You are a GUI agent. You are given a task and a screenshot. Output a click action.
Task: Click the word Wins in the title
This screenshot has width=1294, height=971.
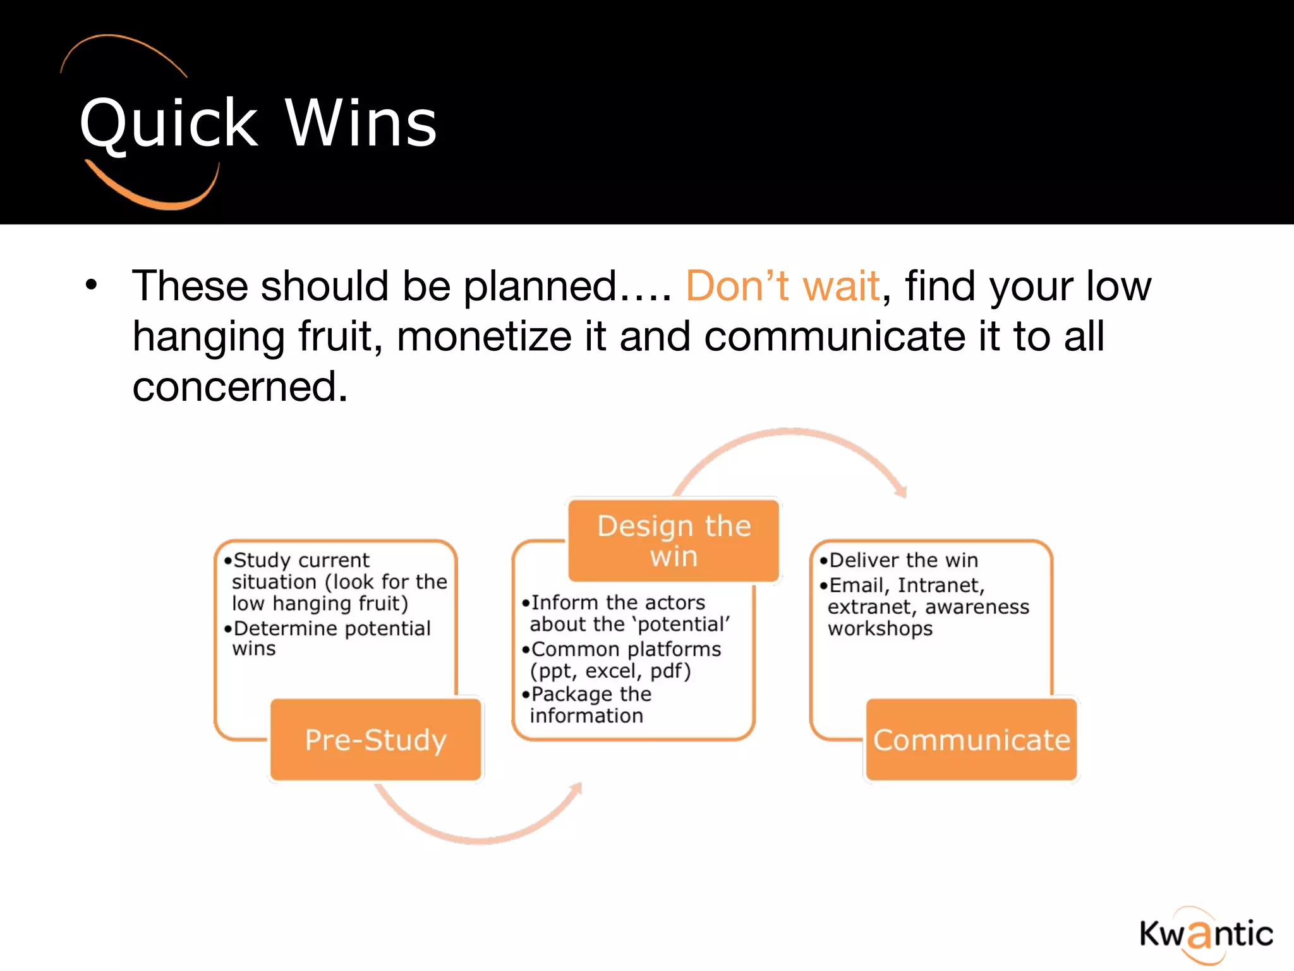[x=361, y=124]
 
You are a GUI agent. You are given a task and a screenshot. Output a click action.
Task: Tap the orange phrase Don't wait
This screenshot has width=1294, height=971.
[x=782, y=286]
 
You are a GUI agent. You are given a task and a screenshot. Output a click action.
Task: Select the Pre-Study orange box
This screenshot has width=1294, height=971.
[x=376, y=740]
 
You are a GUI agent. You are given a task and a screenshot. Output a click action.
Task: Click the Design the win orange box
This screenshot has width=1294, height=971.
[x=674, y=541]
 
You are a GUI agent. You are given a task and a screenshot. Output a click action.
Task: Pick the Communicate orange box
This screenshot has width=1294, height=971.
[x=971, y=740]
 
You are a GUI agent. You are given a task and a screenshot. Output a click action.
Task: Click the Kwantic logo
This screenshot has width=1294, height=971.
[x=1206, y=934]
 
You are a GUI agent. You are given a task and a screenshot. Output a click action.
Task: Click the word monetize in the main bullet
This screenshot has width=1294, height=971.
[x=483, y=336]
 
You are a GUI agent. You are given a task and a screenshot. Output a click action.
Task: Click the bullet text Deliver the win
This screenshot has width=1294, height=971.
[x=903, y=560]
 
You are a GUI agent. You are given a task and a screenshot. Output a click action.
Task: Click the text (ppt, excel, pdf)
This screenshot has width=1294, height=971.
[x=610, y=671]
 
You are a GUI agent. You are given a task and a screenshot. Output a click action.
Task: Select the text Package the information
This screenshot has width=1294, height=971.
[x=588, y=705]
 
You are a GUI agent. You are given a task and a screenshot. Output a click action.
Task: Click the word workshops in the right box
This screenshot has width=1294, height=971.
[x=880, y=629]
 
